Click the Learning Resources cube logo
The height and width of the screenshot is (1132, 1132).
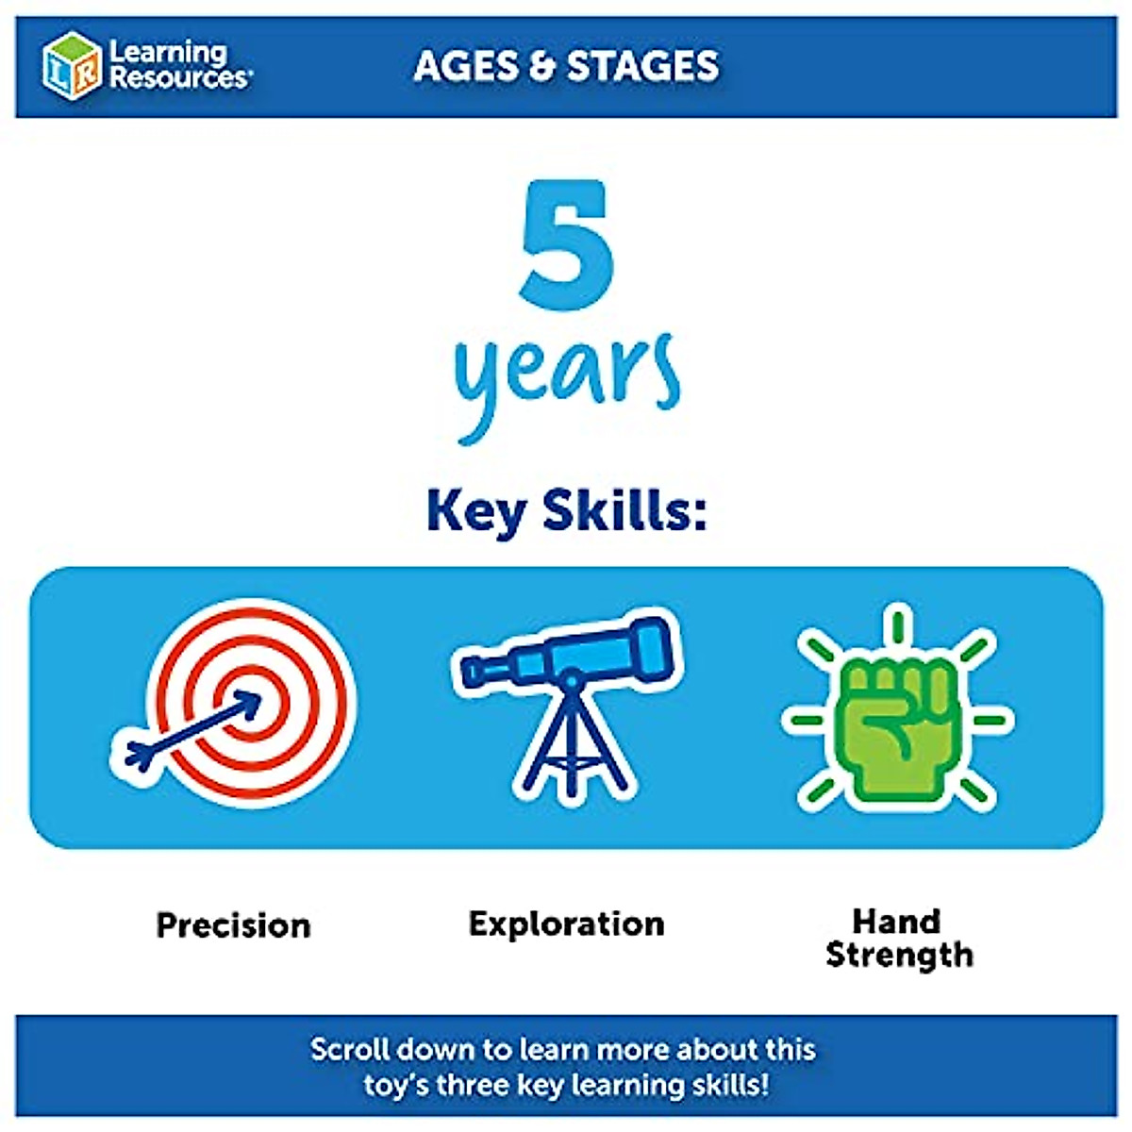pos(72,66)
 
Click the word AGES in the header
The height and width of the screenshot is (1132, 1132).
pos(466,65)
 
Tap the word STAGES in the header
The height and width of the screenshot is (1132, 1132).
pos(642,65)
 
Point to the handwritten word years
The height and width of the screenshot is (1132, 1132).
pos(567,385)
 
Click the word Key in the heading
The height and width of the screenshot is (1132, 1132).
pos(475,512)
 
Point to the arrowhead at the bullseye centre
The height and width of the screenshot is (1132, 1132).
pos(250,704)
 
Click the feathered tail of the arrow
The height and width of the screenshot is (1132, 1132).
pos(140,755)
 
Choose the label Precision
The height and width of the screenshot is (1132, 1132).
pos(233,925)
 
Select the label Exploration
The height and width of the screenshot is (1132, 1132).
pos(566,924)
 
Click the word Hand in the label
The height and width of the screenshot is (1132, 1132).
pos(896,921)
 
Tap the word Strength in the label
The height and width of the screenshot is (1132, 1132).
pos(899,956)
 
